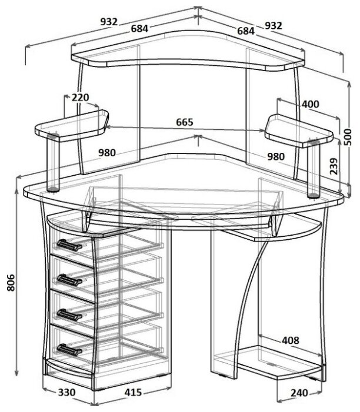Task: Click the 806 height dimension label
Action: pyautogui.click(x=11, y=283)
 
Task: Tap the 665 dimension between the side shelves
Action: pyautogui.click(x=185, y=122)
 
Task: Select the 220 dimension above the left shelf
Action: pyautogui.click(x=81, y=98)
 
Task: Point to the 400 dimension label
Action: pyautogui.click(x=311, y=104)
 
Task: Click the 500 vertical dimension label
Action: pyautogui.click(x=348, y=137)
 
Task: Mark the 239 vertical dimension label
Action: pyautogui.click(x=334, y=166)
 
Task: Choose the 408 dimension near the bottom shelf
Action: pyautogui.click(x=291, y=340)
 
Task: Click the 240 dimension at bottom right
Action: pyautogui.click(x=299, y=393)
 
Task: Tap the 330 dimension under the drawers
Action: pyautogui.click(x=67, y=392)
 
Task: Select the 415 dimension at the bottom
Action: pyautogui.click(x=133, y=392)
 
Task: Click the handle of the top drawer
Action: pyautogui.click(x=69, y=245)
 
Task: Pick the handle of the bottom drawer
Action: pyautogui.click(x=69, y=350)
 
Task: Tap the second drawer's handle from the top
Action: pyautogui.click(x=69, y=280)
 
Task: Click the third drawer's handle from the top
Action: pyautogui.click(x=69, y=315)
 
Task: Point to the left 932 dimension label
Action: pyautogui.click(x=109, y=22)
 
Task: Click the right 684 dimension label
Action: pyautogui.click(x=246, y=31)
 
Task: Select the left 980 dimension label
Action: pyautogui.click(x=107, y=153)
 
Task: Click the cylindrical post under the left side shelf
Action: pyautogui.click(x=53, y=163)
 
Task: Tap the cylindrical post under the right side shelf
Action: pyautogui.click(x=314, y=169)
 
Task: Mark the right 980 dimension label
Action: pyautogui.click(x=276, y=156)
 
